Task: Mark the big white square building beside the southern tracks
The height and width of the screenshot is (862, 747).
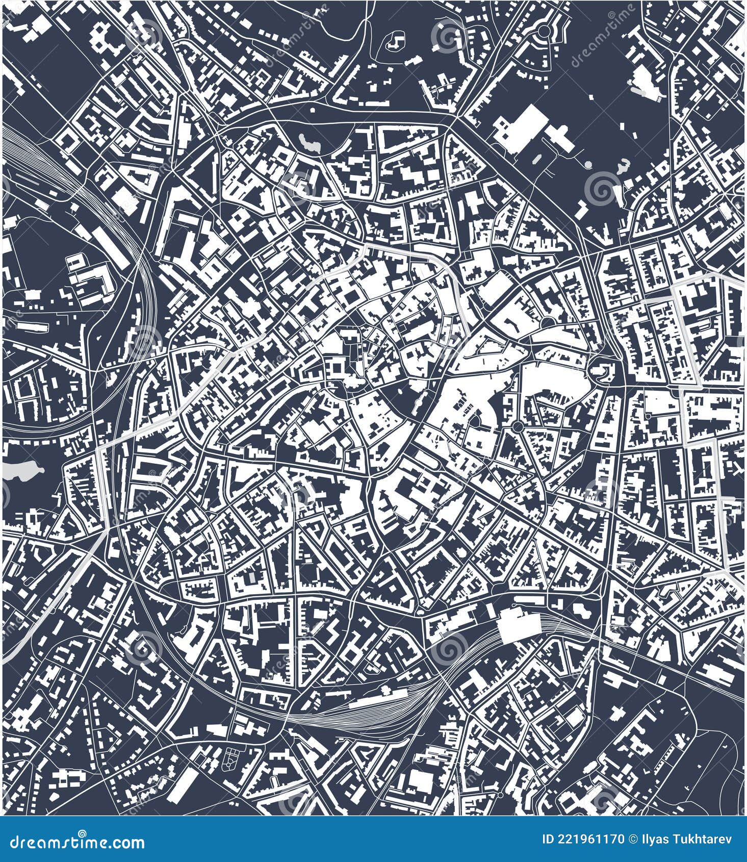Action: tap(520, 626)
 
